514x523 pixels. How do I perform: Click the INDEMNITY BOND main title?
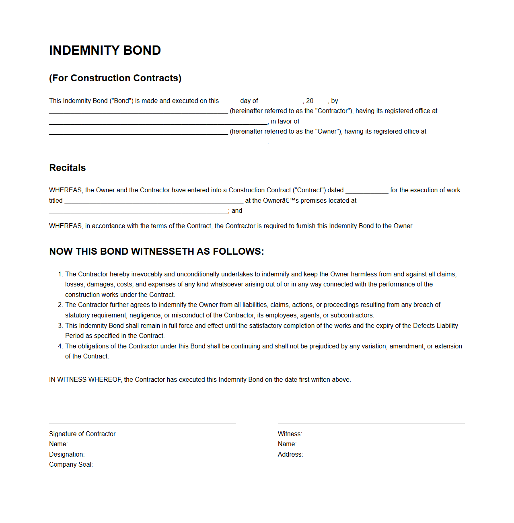coord(105,50)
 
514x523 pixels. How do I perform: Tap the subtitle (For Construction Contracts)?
coord(115,78)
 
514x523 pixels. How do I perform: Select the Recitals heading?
coord(68,168)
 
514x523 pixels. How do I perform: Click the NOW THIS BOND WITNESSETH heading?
coord(156,251)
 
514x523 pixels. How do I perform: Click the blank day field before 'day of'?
coord(229,102)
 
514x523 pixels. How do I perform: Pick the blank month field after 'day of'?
coord(281,102)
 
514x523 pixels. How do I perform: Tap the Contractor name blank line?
coord(138,113)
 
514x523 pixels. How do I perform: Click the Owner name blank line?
coord(138,133)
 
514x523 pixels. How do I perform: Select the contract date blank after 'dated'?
coord(367,191)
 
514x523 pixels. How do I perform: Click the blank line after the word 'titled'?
coord(154,202)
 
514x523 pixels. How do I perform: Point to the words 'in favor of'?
coord(285,121)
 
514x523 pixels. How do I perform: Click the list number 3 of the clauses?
coord(60,326)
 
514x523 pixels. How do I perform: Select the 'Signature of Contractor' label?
coord(82,434)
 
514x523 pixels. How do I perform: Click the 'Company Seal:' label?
coord(71,465)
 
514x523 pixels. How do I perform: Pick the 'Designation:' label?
coord(67,455)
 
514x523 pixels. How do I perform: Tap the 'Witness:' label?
coord(290,434)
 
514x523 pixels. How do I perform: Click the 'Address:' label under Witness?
coord(290,455)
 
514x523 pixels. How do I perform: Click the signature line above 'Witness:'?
coord(371,424)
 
